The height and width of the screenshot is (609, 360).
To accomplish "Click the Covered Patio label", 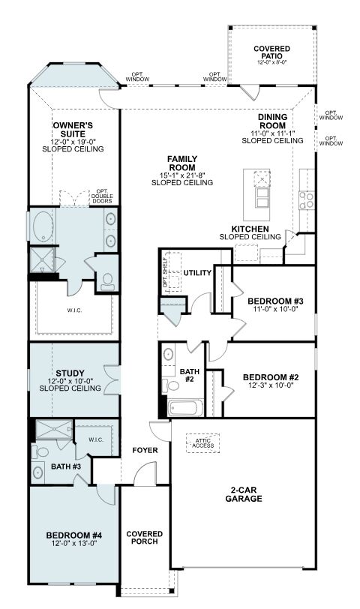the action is [x=271, y=52].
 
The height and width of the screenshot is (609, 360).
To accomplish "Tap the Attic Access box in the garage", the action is [x=202, y=443].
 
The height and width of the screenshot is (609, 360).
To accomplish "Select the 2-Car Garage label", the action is [x=244, y=494].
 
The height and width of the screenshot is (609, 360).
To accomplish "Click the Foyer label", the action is [x=145, y=450].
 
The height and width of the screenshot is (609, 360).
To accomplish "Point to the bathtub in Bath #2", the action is [x=186, y=408].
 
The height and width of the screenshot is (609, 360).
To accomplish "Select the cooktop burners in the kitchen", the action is [x=307, y=200].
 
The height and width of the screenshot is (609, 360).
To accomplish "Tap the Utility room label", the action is [x=197, y=273].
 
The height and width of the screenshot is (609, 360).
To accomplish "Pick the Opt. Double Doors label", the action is [x=102, y=196].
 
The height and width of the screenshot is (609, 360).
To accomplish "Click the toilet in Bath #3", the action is [x=40, y=451].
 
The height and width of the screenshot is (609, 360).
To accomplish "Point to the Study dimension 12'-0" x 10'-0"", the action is [x=70, y=381].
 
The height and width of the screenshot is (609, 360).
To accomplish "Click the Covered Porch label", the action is [x=145, y=538].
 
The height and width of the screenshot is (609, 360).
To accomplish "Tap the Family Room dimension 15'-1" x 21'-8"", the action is [x=182, y=175].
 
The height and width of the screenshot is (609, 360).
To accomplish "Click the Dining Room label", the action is [x=272, y=121].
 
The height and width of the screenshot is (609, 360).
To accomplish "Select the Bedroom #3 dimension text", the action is [x=275, y=309].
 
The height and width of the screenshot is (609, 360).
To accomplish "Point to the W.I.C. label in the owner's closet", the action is [x=73, y=310].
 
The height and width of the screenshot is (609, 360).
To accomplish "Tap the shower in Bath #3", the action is [x=54, y=430].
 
